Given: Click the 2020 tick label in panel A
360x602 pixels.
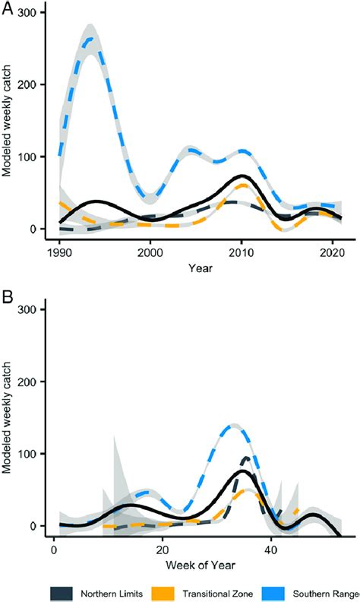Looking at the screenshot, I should [x=333, y=251].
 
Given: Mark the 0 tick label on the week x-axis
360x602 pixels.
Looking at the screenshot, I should [x=53, y=548].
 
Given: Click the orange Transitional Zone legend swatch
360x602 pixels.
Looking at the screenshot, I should [x=170, y=590].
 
